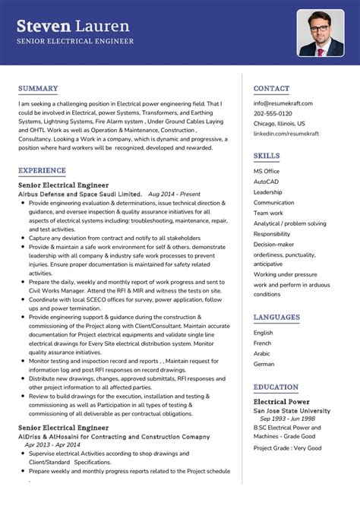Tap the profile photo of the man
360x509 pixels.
(x=321, y=33)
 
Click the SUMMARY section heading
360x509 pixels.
(x=38, y=88)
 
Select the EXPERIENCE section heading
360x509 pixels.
(x=42, y=170)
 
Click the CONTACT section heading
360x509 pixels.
(x=271, y=88)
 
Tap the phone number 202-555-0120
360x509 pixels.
(x=273, y=113)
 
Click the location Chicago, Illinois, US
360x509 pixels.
(x=279, y=123)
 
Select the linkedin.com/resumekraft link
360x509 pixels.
(x=286, y=133)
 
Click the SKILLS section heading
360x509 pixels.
(x=267, y=156)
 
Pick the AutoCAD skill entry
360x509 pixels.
(x=267, y=182)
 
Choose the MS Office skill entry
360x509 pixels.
(x=267, y=171)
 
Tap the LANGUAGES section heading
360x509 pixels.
(x=276, y=317)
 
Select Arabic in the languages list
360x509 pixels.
(x=262, y=353)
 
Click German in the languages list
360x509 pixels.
(x=264, y=364)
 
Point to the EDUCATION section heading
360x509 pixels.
(x=276, y=387)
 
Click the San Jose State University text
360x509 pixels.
(x=292, y=410)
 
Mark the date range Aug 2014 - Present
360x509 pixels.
(x=175, y=194)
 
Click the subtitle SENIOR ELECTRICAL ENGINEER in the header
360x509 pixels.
(x=75, y=41)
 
